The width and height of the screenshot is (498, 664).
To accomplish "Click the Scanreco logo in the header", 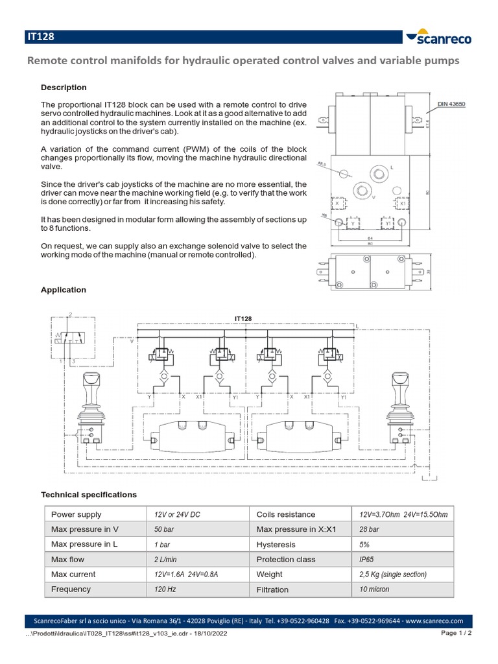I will tap(438, 38).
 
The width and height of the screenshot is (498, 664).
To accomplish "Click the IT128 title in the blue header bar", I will tap(40, 38).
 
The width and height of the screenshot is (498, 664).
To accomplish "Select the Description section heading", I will tap(64, 88).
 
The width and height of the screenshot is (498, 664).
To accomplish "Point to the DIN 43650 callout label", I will tap(451, 104).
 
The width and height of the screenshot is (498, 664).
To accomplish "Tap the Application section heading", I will tap(64, 290).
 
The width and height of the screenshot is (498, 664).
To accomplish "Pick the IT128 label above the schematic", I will tap(243, 318).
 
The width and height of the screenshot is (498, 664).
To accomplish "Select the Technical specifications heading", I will tap(89, 495).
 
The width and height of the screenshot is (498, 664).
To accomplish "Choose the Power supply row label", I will tap(76, 514).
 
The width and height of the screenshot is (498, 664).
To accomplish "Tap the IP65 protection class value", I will tap(367, 559).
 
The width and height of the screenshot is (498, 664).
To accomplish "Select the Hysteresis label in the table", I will tap(276, 545).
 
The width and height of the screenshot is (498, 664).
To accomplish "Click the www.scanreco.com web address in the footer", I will tap(434, 620).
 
